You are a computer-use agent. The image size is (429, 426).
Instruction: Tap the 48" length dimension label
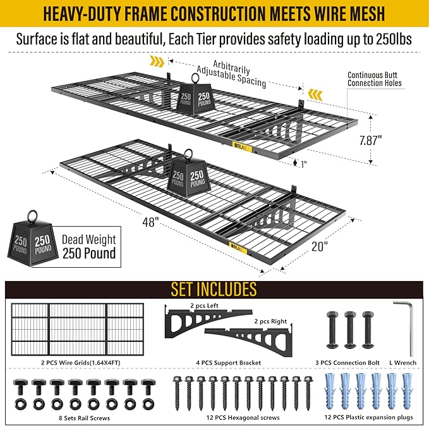pyautogui.click(x=150, y=222)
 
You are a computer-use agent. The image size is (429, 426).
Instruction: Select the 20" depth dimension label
pyautogui.click(x=319, y=246)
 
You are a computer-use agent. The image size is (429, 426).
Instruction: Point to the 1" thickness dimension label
pyautogui.click(x=304, y=164)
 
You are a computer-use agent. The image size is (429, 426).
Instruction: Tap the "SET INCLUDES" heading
pyautogui.click(x=214, y=289)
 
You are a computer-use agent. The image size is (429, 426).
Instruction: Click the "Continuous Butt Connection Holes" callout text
pyautogui.click(x=374, y=79)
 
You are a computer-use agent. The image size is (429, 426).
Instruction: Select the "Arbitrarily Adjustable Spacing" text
pyautogui.click(x=231, y=74)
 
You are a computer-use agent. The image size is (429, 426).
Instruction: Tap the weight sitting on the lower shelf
pyautogui.click(x=189, y=173)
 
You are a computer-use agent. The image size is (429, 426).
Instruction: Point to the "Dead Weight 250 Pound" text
pyautogui.click(x=89, y=246)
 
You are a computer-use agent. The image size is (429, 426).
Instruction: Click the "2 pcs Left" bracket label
pyautogui.click(x=204, y=305)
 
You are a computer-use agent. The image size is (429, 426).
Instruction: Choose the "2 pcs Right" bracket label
pyautogui.click(x=270, y=321)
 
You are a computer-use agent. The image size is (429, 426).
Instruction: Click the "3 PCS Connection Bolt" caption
pyautogui.click(x=347, y=363)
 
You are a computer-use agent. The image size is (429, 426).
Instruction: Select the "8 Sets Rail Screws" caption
pyautogui.click(x=84, y=418)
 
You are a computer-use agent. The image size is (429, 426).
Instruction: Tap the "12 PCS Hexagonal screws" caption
pyautogui.click(x=243, y=418)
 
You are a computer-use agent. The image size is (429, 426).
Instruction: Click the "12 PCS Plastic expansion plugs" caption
pyautogui.click(x=368, y=417)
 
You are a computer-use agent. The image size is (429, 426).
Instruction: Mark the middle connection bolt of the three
pyautogui.click(x=350, y=330)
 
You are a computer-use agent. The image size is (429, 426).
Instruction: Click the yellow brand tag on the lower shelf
pyautogui.click(x=239, y=246)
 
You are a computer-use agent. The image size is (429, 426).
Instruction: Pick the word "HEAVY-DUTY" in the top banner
pyautogui.click(x=82, y=13)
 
